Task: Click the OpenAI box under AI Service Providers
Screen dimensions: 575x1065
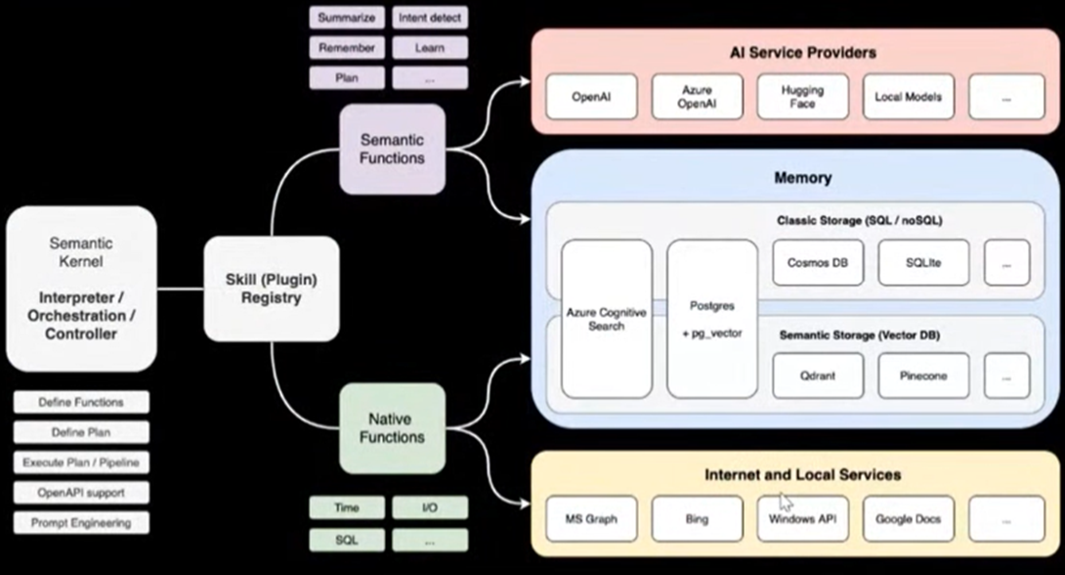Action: (x=591, y=97)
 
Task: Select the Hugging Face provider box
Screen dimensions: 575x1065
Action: (x=802, y=97)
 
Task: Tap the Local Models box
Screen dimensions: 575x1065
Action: (x=908, y=97)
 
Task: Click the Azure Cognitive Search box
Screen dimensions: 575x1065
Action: (x=607, y=319)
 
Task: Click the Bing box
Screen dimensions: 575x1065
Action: (x=697, y=518)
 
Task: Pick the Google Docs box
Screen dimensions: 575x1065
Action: (x=908, y=518)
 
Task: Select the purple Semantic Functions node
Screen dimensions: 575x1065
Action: (x=392, y=150)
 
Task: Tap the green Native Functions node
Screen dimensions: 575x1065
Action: (x=392, y=428)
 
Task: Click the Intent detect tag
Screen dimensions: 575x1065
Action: (x=430, y=18)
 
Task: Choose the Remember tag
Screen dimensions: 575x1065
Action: (x=346, y=48)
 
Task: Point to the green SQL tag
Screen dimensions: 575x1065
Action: (x=346, y=540)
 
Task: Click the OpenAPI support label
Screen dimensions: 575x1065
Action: (x=82, y=492)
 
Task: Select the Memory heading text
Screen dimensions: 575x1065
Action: (x=802, y=178)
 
